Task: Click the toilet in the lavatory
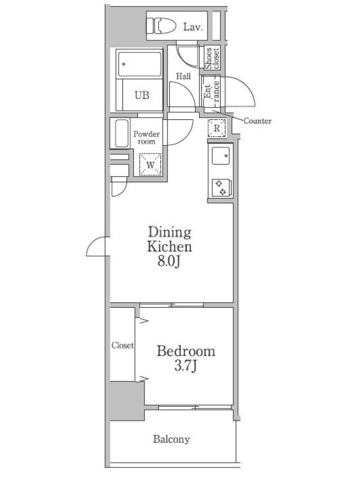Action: pos(161,26)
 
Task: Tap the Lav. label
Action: pos(193,27)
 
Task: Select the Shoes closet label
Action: pos(212,58)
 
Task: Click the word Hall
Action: pos(184,76)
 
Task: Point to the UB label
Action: pos(142,95)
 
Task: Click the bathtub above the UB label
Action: pos(140,64)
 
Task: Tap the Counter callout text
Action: pos(257,121)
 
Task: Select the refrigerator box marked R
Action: pos(217,128)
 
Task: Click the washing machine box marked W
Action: pos(150,164)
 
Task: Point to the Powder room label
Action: pos(146,138)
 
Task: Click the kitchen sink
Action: pos(221,156)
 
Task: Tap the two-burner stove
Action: pos(221,188)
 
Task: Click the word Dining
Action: pos(170,232)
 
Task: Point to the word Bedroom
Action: pos(186,351)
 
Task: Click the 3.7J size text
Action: pos(185,365)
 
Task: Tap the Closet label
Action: pos(122,346)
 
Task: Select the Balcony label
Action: pos(172,439)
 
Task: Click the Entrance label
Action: pos(212,92)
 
